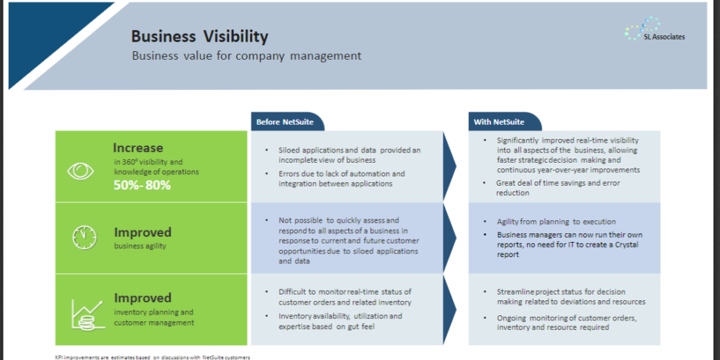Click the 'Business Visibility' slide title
tap(199, 36)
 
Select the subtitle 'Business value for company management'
tap(246, 56)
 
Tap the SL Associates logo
tap(654, 30)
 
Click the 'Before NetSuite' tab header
tap(285, 122)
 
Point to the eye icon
tap(81, 171)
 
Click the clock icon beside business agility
tap(85, 238)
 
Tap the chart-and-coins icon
tap(86, 315)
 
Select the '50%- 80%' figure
tap(143, 186)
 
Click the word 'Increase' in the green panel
tap(138, 148)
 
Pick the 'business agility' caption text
tap(140, 246)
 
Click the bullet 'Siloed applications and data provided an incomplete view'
tap(349, 156)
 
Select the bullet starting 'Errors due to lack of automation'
tap(341, 179)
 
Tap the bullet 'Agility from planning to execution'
tap(556, 222)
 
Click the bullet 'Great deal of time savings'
tap(558, 188)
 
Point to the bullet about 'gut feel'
tap(341, 321)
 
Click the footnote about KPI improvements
tap(153, 357)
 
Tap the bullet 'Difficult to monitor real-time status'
tap(345, 297)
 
